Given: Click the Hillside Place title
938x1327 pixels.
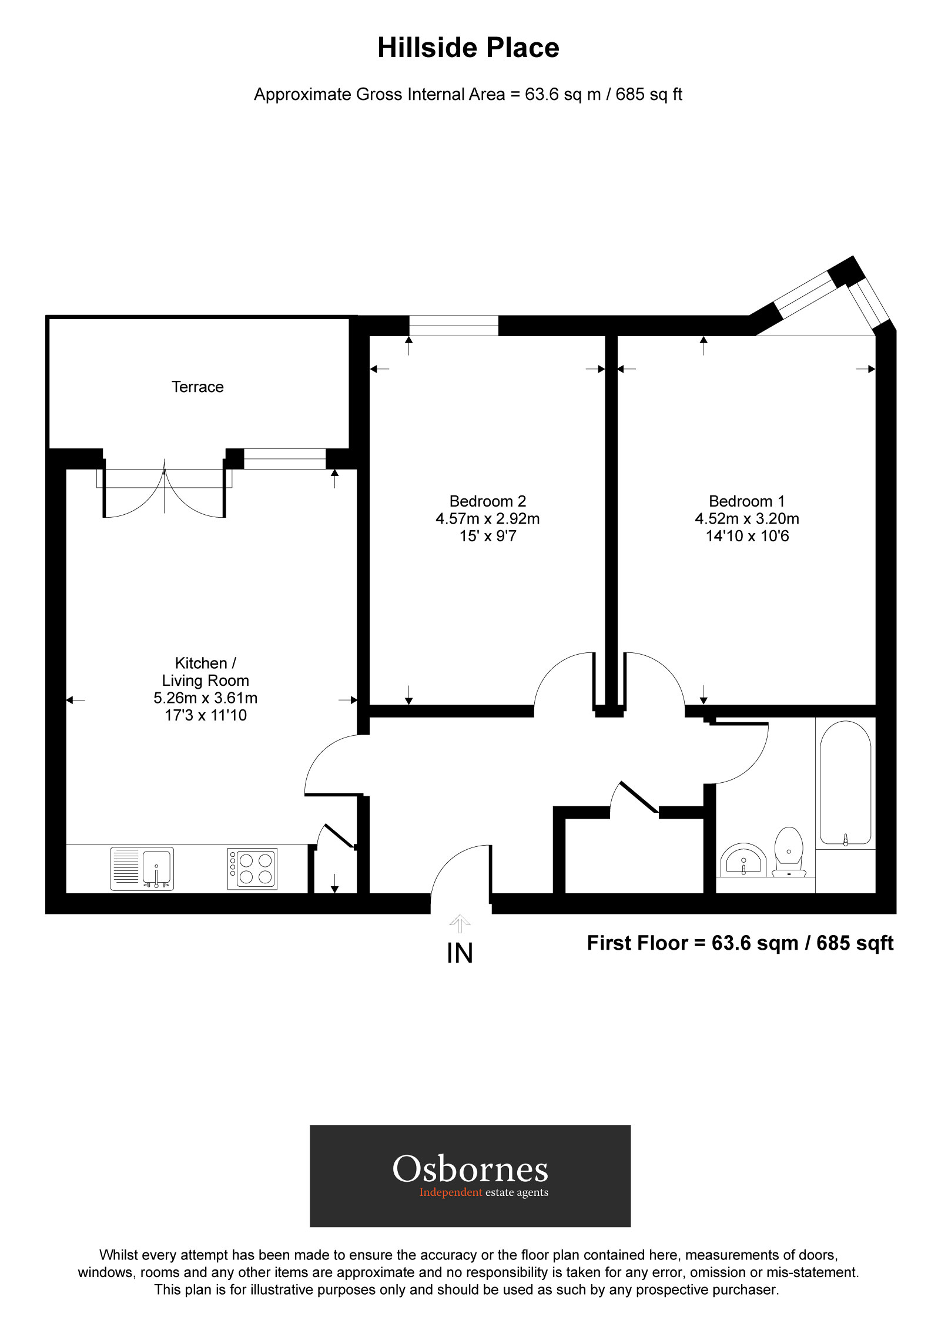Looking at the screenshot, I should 468,48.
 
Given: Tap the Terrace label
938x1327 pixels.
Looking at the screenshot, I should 197,387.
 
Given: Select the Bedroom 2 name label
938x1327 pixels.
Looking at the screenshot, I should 487,501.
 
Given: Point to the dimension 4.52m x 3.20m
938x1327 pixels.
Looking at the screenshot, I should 746,519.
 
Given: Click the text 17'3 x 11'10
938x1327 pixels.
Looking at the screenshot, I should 206,715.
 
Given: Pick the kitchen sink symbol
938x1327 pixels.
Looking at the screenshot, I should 142,869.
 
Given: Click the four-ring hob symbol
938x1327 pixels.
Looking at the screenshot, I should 253,869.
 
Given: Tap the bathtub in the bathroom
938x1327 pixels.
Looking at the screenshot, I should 845,783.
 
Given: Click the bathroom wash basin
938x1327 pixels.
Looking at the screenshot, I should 743,861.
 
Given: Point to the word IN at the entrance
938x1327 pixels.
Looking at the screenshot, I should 460,953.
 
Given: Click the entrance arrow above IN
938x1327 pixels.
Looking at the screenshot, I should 460,924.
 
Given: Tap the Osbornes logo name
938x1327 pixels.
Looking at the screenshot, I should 470,1169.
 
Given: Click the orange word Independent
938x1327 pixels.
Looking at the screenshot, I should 450,1192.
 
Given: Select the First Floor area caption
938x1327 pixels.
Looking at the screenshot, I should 739,943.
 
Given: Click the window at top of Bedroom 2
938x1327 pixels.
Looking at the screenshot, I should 454,326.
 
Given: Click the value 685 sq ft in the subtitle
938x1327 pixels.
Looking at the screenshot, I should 648,95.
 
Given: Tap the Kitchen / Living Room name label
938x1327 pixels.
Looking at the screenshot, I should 206,672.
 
